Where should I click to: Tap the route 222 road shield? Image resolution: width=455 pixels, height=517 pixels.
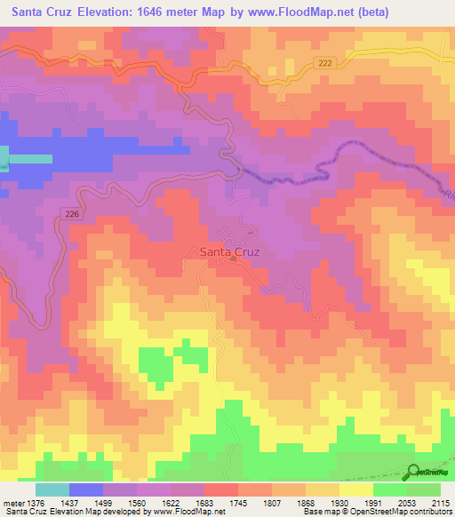pyautogui.click(x=327, y=60)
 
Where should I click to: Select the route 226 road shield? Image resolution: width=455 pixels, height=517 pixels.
pyautogui.click(x=72, y=212)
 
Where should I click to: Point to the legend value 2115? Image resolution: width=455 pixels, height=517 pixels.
pyautogui.click(x=441, y=503)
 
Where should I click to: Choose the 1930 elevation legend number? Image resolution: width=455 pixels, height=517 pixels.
pyautogui.click(x=339, y=503)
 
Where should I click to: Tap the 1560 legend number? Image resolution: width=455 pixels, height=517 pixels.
pyautogui.click(x=137, y=503)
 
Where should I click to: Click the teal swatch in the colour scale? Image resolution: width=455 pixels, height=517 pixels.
pyautogui.click(x=52, y=489)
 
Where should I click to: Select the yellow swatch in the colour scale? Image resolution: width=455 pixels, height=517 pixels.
pyautogui.click(x=356, y=489)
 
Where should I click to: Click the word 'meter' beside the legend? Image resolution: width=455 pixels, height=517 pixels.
pyautogui.click(x=12, y=503)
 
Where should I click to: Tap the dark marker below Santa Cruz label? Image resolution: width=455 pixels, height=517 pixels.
pyautogui.click(x=233, y=260)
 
